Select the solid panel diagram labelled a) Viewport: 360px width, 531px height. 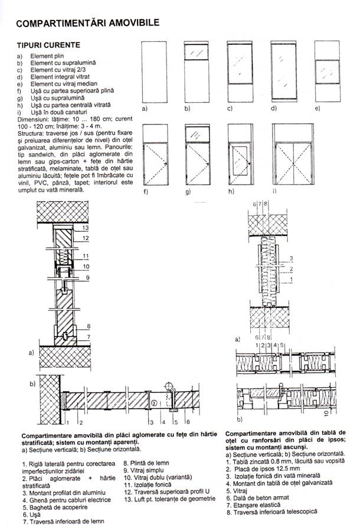[155, 74]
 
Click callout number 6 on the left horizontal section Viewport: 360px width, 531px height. [187, 422]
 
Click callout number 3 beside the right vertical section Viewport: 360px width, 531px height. [290, 258]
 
